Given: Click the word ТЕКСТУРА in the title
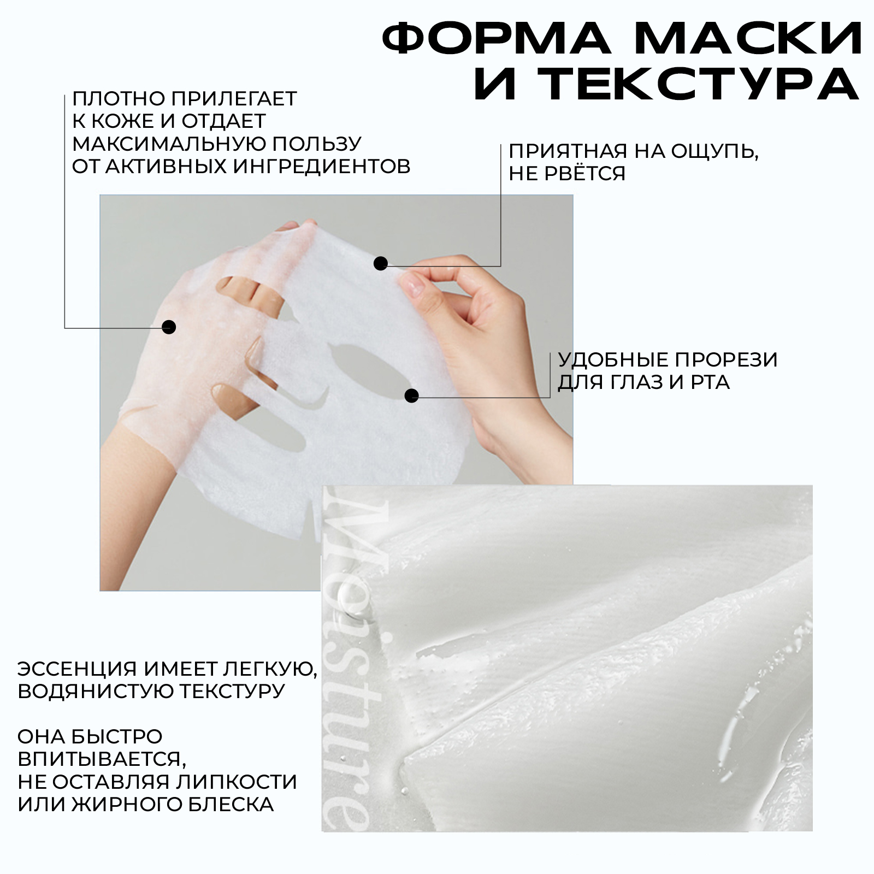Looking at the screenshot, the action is (x=666, y=85).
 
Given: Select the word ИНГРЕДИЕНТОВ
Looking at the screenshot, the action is (x=322, y=166).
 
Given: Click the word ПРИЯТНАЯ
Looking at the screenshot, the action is (x=568, y=151).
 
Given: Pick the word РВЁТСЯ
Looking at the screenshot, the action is (x=584, y=173).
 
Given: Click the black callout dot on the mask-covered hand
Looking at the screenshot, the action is (x=169, y=327).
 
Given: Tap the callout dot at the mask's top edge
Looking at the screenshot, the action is (x=381, y=264).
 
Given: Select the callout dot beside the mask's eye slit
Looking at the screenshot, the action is (x=411, y=395).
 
